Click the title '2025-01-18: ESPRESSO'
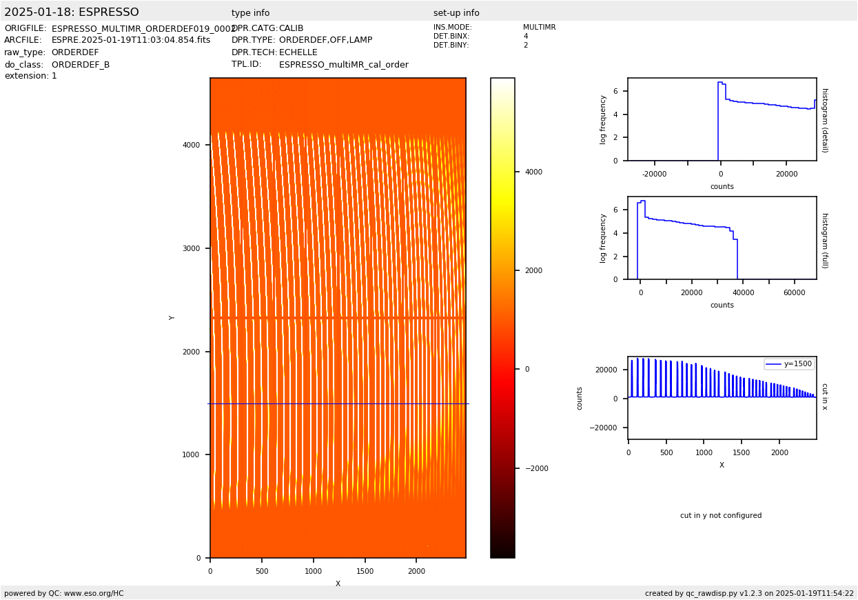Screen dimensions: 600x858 coord(72,12)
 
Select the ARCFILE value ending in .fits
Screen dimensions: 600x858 coord(131,41)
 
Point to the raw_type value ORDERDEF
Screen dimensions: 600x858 coord(75,52)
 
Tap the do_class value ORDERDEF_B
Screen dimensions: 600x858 coord(81,65)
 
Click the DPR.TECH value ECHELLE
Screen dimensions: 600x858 coord(298,52)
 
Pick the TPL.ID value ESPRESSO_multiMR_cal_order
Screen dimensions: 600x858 coord(343,65)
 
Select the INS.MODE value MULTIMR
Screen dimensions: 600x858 coord(539,28)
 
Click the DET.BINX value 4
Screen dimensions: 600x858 coord(526,37)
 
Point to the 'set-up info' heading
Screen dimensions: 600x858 coord(456,13)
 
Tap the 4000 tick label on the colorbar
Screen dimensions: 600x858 coord(533,172)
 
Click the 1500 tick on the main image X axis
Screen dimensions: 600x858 coord(365,571)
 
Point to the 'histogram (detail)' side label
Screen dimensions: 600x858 coord(824,120)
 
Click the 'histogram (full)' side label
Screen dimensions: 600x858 coord(824,240)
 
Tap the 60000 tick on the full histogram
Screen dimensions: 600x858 coord(795,293)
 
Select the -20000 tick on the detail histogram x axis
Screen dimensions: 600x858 coord(654,174)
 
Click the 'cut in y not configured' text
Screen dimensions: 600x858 coord(721,516)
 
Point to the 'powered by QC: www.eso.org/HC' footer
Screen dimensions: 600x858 coord(64,593)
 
